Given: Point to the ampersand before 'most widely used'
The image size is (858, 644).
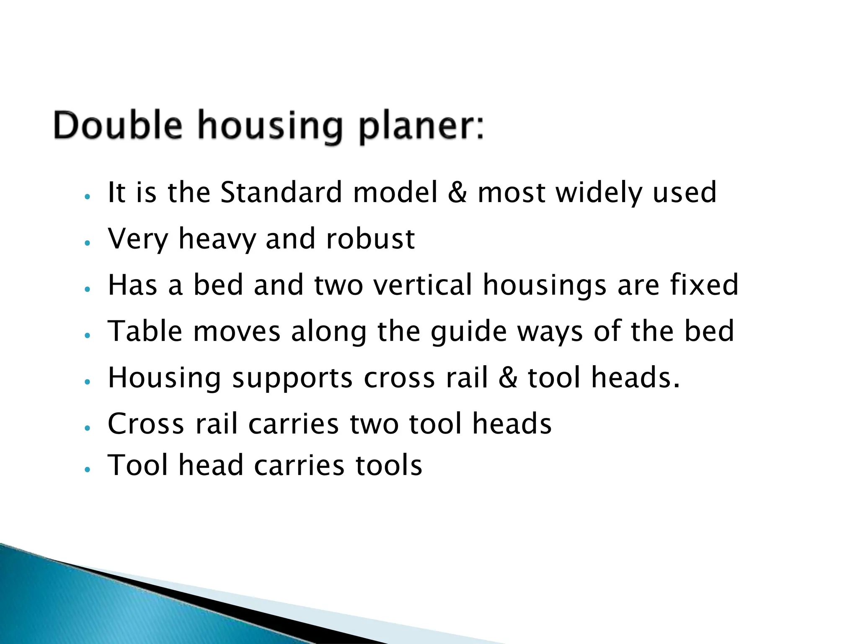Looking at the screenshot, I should pyautogui.click(x=457, y=193).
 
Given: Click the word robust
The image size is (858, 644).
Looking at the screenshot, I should pyautogui.click(x=370, y=239).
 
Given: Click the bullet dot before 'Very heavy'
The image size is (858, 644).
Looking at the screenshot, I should pyautogui.click(x=87, y=243).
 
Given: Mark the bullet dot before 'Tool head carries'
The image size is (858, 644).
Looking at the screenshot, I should pyautogui.click(x=87, y=470).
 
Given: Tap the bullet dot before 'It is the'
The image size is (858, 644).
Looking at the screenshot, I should pyautogui.click(x=87, y=197).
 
